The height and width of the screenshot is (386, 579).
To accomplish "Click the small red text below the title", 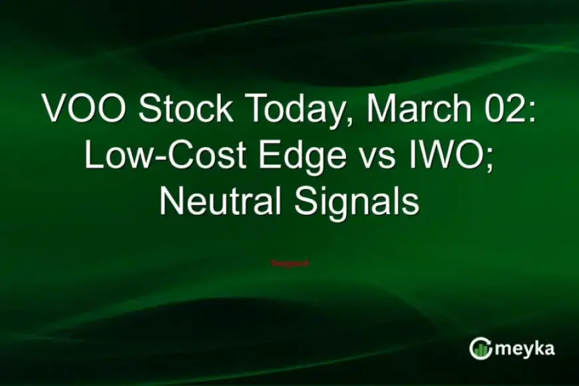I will (289, 263).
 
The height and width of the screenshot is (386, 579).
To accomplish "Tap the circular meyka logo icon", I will (481, 348).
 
